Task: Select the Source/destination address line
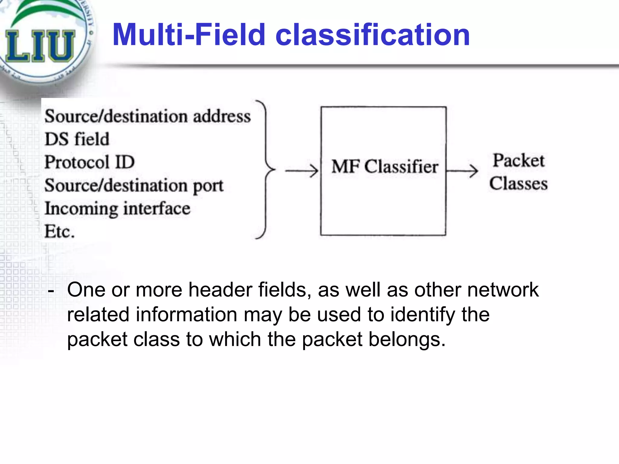coord(147,116)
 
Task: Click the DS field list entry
coord(77,139)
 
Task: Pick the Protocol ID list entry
coord(89,162)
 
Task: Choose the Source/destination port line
coord(134,185)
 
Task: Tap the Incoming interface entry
coord(117,209)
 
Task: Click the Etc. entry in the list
coord(60,232)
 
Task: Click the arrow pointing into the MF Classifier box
coord(301,171)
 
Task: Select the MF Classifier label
coord(384,167)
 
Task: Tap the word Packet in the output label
coord(519,160)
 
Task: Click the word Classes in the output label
coord(519,184)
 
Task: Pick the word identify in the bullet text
coord(423,315)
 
